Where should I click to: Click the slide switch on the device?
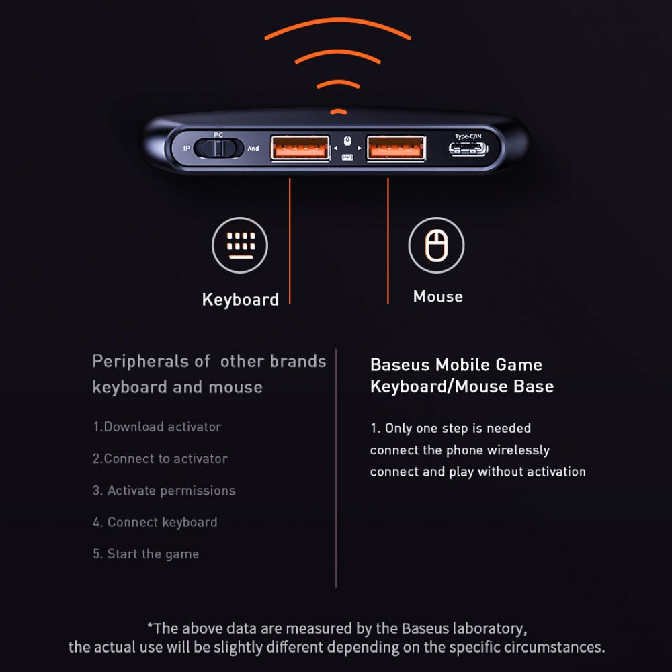pyautogui.click(x=218, y=149)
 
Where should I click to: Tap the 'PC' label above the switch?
pyautogui.click(x=218, y=134)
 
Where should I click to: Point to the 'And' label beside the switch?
pyautogui.click(x=253, y=149)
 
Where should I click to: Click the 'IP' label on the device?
pyautogui.click(x=186, y=149)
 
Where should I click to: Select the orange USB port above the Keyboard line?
pyautogui.click(x=300, y=149)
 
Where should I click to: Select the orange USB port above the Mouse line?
pyautogui.click(x=396, y=149)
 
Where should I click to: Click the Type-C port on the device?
pyautogui.click(x=468, y=149)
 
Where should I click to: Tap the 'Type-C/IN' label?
pyautogui.click(x=468, y=136)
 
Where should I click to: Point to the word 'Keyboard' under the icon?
pyautogui.click(x=241, y=300)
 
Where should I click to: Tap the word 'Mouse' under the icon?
pyautogui.click(x=438, y=296)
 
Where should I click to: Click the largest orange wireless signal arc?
pyautogui.click(x=338, y=21)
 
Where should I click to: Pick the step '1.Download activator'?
pyautogui.click(x=157, y=427)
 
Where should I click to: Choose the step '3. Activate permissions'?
pyautogui.click(x=164, y=491)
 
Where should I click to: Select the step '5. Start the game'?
pyautogui.click(x=146, y=554)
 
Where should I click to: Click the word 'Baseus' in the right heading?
pyautogui.click(x=400, y=365)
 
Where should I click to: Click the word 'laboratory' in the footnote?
pyautogui.click(x=490, y=629)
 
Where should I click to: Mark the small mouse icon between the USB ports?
pyautogui.click(x=347, y=141)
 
